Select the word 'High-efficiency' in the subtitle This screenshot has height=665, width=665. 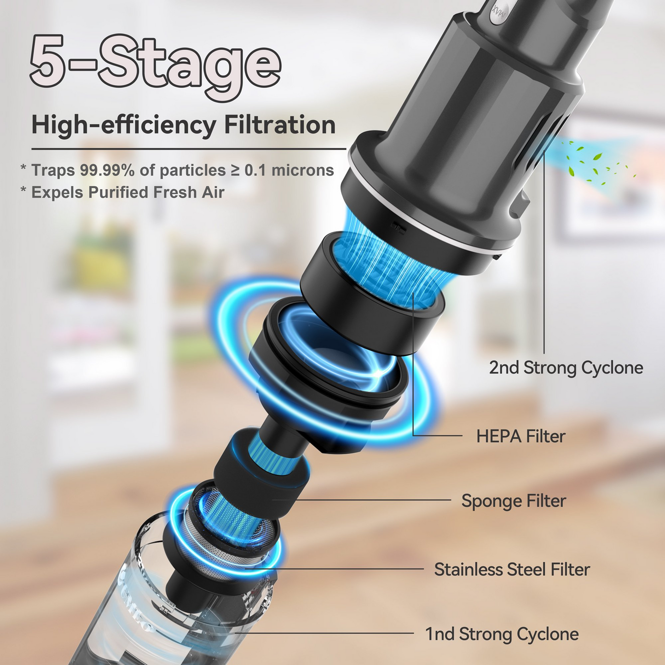pyautogui.click(x=123, y=125)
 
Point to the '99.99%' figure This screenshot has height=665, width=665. pyautogui.click(x=107, y=170)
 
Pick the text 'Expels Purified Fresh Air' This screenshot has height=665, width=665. pyautogui.click(x=127, y=192)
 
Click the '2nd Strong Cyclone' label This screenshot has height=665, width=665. pyautogui.click(x=566, y=368)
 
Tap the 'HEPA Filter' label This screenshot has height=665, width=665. pyautogui.click(x=520, y=436)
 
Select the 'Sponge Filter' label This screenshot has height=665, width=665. pyautogui.click(x=514, y=501)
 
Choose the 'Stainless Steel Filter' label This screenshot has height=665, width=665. pyautogui.click(x=512, y=570)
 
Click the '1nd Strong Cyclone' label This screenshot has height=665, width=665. pyautogui.click(x=502, y=634)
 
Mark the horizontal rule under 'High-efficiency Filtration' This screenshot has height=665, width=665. pyautogui.click(x=189, y=149)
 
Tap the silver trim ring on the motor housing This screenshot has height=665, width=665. pyautogui.click(x=414, y=221)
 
